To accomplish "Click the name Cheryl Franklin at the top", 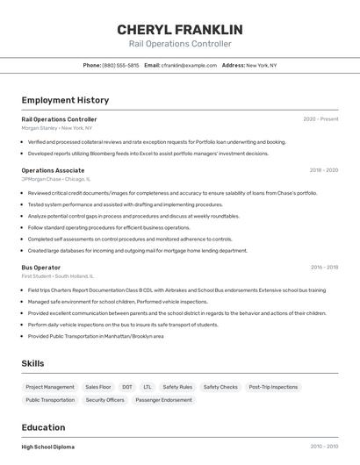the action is point(180,30).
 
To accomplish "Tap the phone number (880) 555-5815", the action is point(120,65).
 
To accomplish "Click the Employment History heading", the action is point(65,100).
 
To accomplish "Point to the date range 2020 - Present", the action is point(320,119).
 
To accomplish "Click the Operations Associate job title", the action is point(53,170).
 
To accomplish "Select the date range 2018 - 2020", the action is point(323,170).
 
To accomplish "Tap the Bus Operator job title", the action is point(41,268).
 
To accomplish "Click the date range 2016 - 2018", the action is point(324,268).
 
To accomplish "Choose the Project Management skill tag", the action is point(50,387).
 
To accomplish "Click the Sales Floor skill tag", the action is point(98,387).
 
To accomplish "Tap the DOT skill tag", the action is point(127,387).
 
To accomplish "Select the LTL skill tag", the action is point(148,387).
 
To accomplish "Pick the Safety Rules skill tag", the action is point(177,387).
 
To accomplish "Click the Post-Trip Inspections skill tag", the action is point(273,387).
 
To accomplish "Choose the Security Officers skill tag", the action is point(104,400).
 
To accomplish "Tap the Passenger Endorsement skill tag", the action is point(163,400).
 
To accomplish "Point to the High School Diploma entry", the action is point(47,447).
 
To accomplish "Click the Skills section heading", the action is point(32,363).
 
